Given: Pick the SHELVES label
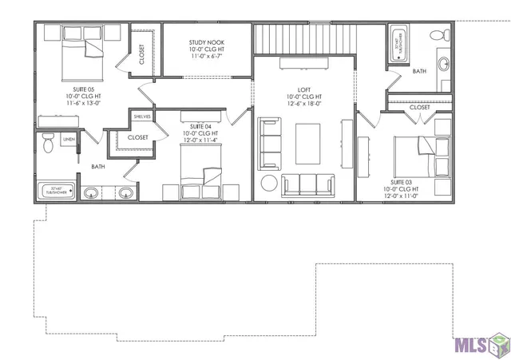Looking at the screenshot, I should (x=142, y=117).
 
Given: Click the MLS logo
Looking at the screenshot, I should (x=479, y=345).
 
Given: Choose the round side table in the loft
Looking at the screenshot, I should (x=268, y=184).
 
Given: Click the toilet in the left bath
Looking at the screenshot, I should (x=47, y=144).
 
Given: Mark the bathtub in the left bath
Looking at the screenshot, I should (x=57, y=192).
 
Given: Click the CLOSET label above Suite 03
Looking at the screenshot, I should (x=420, y=108).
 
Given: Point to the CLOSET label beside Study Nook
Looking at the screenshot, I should (x=142, y=54).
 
